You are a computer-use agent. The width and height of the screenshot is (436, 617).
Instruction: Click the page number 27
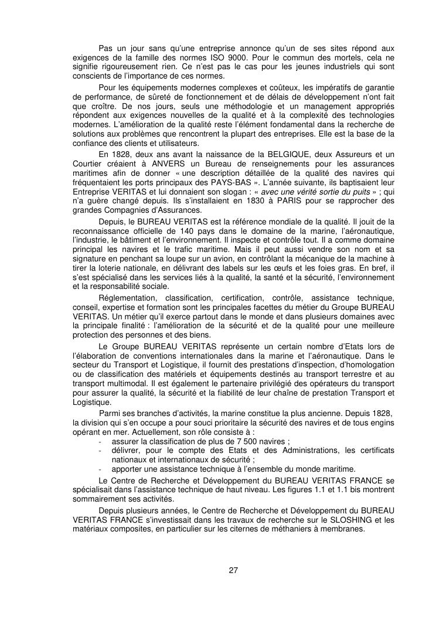click(233, 571)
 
